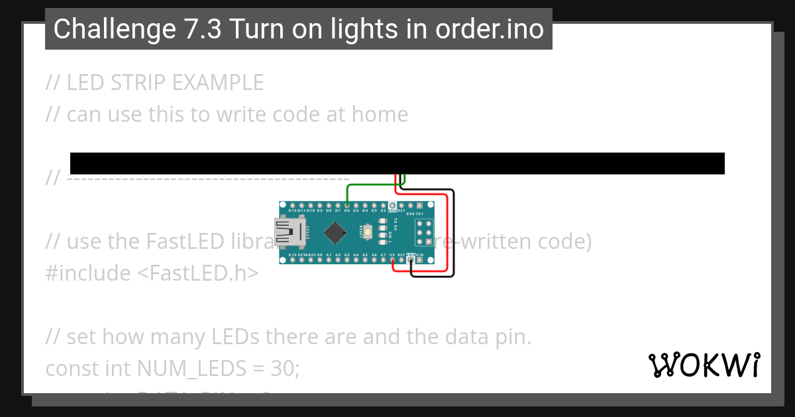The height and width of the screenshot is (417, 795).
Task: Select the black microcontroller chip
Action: coord(336,232)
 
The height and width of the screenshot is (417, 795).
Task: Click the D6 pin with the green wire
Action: coord(347,206)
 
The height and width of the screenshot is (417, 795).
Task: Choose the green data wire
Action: coord(371,185)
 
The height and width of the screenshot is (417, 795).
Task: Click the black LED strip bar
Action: coord(397,163)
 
